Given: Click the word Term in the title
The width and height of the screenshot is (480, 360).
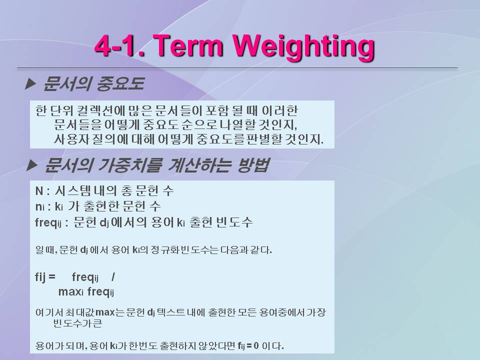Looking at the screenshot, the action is [x=189, y=45].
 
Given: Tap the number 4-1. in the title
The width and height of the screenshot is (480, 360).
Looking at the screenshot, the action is [x=120, y=46].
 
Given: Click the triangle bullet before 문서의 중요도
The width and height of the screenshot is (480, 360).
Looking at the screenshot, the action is [x=30, y=83].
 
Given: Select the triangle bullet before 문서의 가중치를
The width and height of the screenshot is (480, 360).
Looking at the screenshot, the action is [x=32, y=165].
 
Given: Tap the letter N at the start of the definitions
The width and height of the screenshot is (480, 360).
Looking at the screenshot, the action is [x=39, y=191].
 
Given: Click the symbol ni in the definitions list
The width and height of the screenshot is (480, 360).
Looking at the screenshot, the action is [x=40, y=207].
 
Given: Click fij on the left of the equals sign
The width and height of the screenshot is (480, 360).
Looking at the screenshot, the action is [x=40, y=277].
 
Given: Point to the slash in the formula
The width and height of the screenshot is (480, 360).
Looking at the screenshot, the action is [x=113, y=276].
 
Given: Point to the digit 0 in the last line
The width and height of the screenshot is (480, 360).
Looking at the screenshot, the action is [x=256, y=346].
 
